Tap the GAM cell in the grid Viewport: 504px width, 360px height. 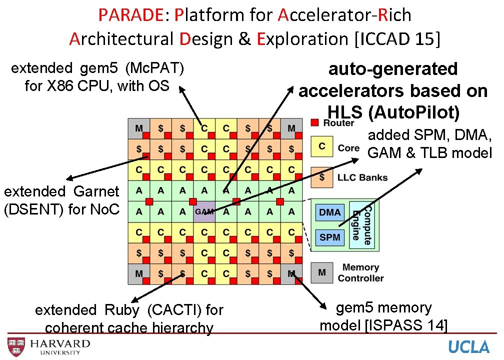tap(204, 211)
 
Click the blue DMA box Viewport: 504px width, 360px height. tap(330, 212)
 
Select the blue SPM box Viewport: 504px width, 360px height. tap(330, 237)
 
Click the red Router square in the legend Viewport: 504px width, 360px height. tap(314, 123)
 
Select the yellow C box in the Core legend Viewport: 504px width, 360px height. tap(322, 146)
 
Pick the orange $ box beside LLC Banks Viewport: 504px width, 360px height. tap(322, 176)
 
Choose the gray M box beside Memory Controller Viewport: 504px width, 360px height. tap(322, 272)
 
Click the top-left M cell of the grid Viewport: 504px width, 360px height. tap(138, 128)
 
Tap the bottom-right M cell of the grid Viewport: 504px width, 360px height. tap(291, 273)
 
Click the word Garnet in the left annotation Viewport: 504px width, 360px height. tap(96, 191)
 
